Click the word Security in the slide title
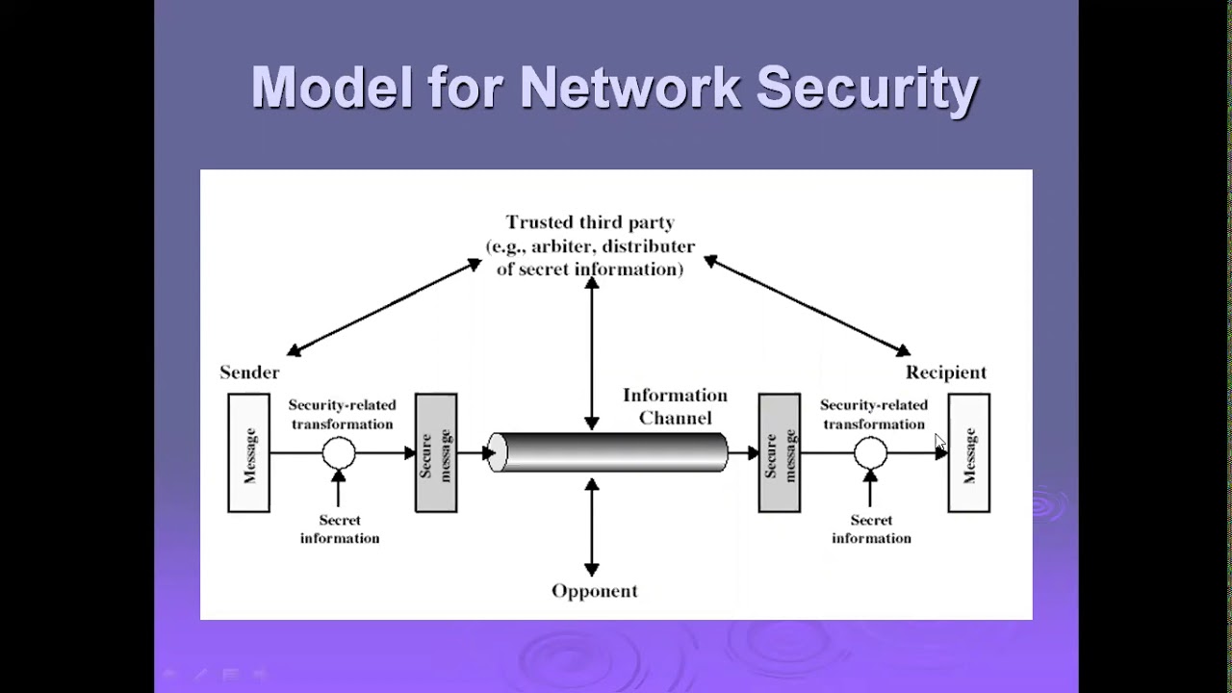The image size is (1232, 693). [x=867, y=89]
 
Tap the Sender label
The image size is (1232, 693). [x=249, y=372]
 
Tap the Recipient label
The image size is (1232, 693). [x=945, y=372]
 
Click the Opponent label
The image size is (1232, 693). [x=594, y=591]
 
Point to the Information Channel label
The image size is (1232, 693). [x=675, y=406]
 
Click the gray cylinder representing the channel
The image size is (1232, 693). [x=607, y=452]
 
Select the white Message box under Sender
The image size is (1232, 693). [x=248, y=452]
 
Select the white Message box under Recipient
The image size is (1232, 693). [x=968, y=452]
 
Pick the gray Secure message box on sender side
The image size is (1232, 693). [x=436, y=452]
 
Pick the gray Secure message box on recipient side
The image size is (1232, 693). [x=779, y=452]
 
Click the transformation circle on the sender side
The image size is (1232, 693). [x=339, y=452]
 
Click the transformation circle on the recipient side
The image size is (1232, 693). [x=870, y=452]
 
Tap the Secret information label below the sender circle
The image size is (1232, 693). [x=340, y=529]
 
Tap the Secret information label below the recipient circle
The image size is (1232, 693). [x=871, y=529]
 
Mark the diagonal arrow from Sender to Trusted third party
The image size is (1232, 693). [x=384, y=307]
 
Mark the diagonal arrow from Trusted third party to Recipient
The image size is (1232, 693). [x=807, y=306]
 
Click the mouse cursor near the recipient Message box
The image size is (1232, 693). [x=939, y=442]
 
